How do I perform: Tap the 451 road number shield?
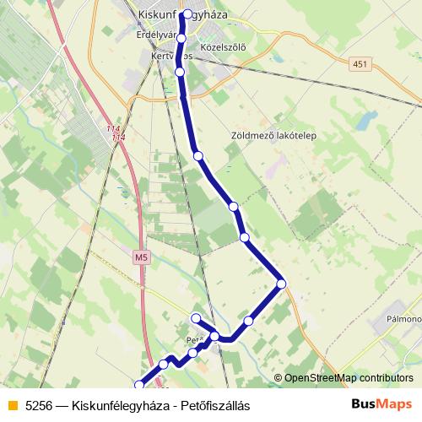(361, 64)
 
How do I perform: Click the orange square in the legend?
(11, 405)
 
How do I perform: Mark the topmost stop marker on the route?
(185, 14)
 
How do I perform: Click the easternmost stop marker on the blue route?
(281, 283)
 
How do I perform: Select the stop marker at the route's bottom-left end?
(140, 385)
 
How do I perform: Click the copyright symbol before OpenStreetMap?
(279, 378)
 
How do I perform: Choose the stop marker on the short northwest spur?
(196, 317)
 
